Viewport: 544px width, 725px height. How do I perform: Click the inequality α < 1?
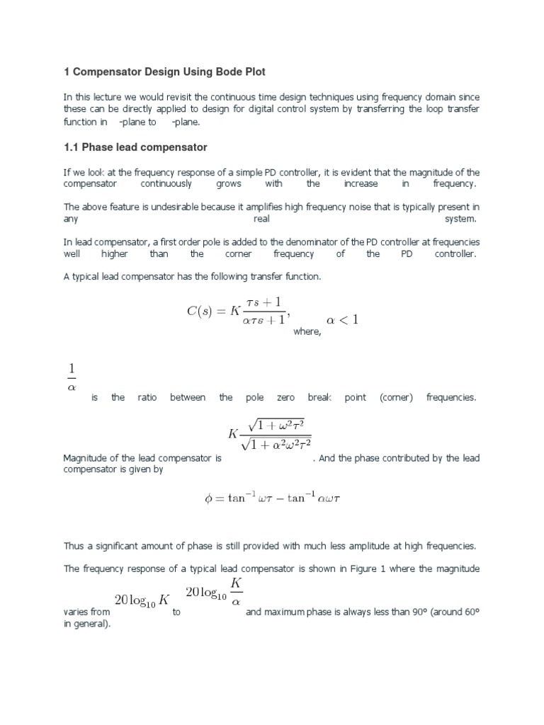(342, 319)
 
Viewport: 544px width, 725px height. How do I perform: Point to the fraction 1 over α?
(71, 377)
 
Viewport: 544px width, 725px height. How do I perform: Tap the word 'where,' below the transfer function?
(307, 333)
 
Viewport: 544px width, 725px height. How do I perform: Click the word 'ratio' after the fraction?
(147, 397)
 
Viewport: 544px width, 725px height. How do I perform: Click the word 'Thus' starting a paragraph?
(74, 545)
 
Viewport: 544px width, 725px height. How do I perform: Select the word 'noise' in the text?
(339, 207)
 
